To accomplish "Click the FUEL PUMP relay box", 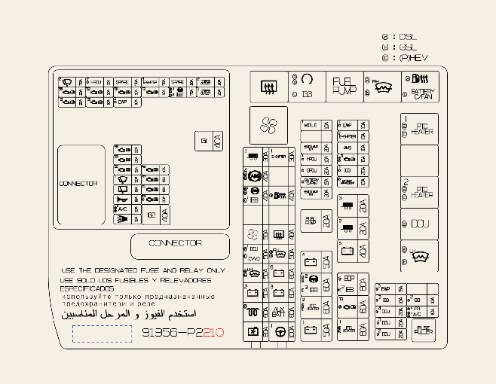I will point(344,86).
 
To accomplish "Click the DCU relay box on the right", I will point(419,224).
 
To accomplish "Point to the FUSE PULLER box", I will point(424,329).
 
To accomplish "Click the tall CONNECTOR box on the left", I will point(81,184).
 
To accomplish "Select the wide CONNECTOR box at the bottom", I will point(179,245).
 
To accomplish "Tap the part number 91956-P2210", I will point(182,331).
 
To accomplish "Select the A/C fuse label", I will point(122,209).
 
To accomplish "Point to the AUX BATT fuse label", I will point(279,311).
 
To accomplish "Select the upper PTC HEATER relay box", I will point(419,129).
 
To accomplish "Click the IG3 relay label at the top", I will point(307,93).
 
